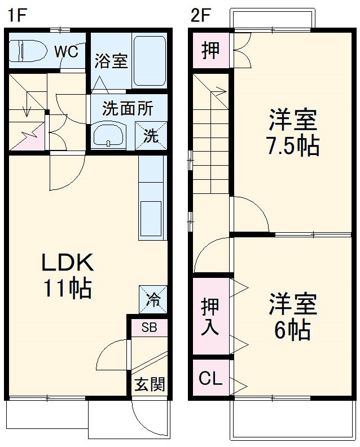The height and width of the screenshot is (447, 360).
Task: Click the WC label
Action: (66, 51)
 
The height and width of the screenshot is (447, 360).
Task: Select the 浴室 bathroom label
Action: (111, 61)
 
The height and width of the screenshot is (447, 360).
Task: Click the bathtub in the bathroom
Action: (149, 60)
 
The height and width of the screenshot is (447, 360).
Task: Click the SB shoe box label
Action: (149, 327)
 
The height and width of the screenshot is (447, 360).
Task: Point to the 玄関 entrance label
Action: (150, 384)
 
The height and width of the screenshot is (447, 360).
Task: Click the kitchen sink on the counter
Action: (151, 218)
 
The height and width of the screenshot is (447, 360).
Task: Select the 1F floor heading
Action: (17, 15)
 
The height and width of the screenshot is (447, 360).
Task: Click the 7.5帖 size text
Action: (293, 146)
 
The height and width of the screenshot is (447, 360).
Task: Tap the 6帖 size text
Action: (293, 329)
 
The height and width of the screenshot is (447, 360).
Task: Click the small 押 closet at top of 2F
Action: (210, 50)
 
